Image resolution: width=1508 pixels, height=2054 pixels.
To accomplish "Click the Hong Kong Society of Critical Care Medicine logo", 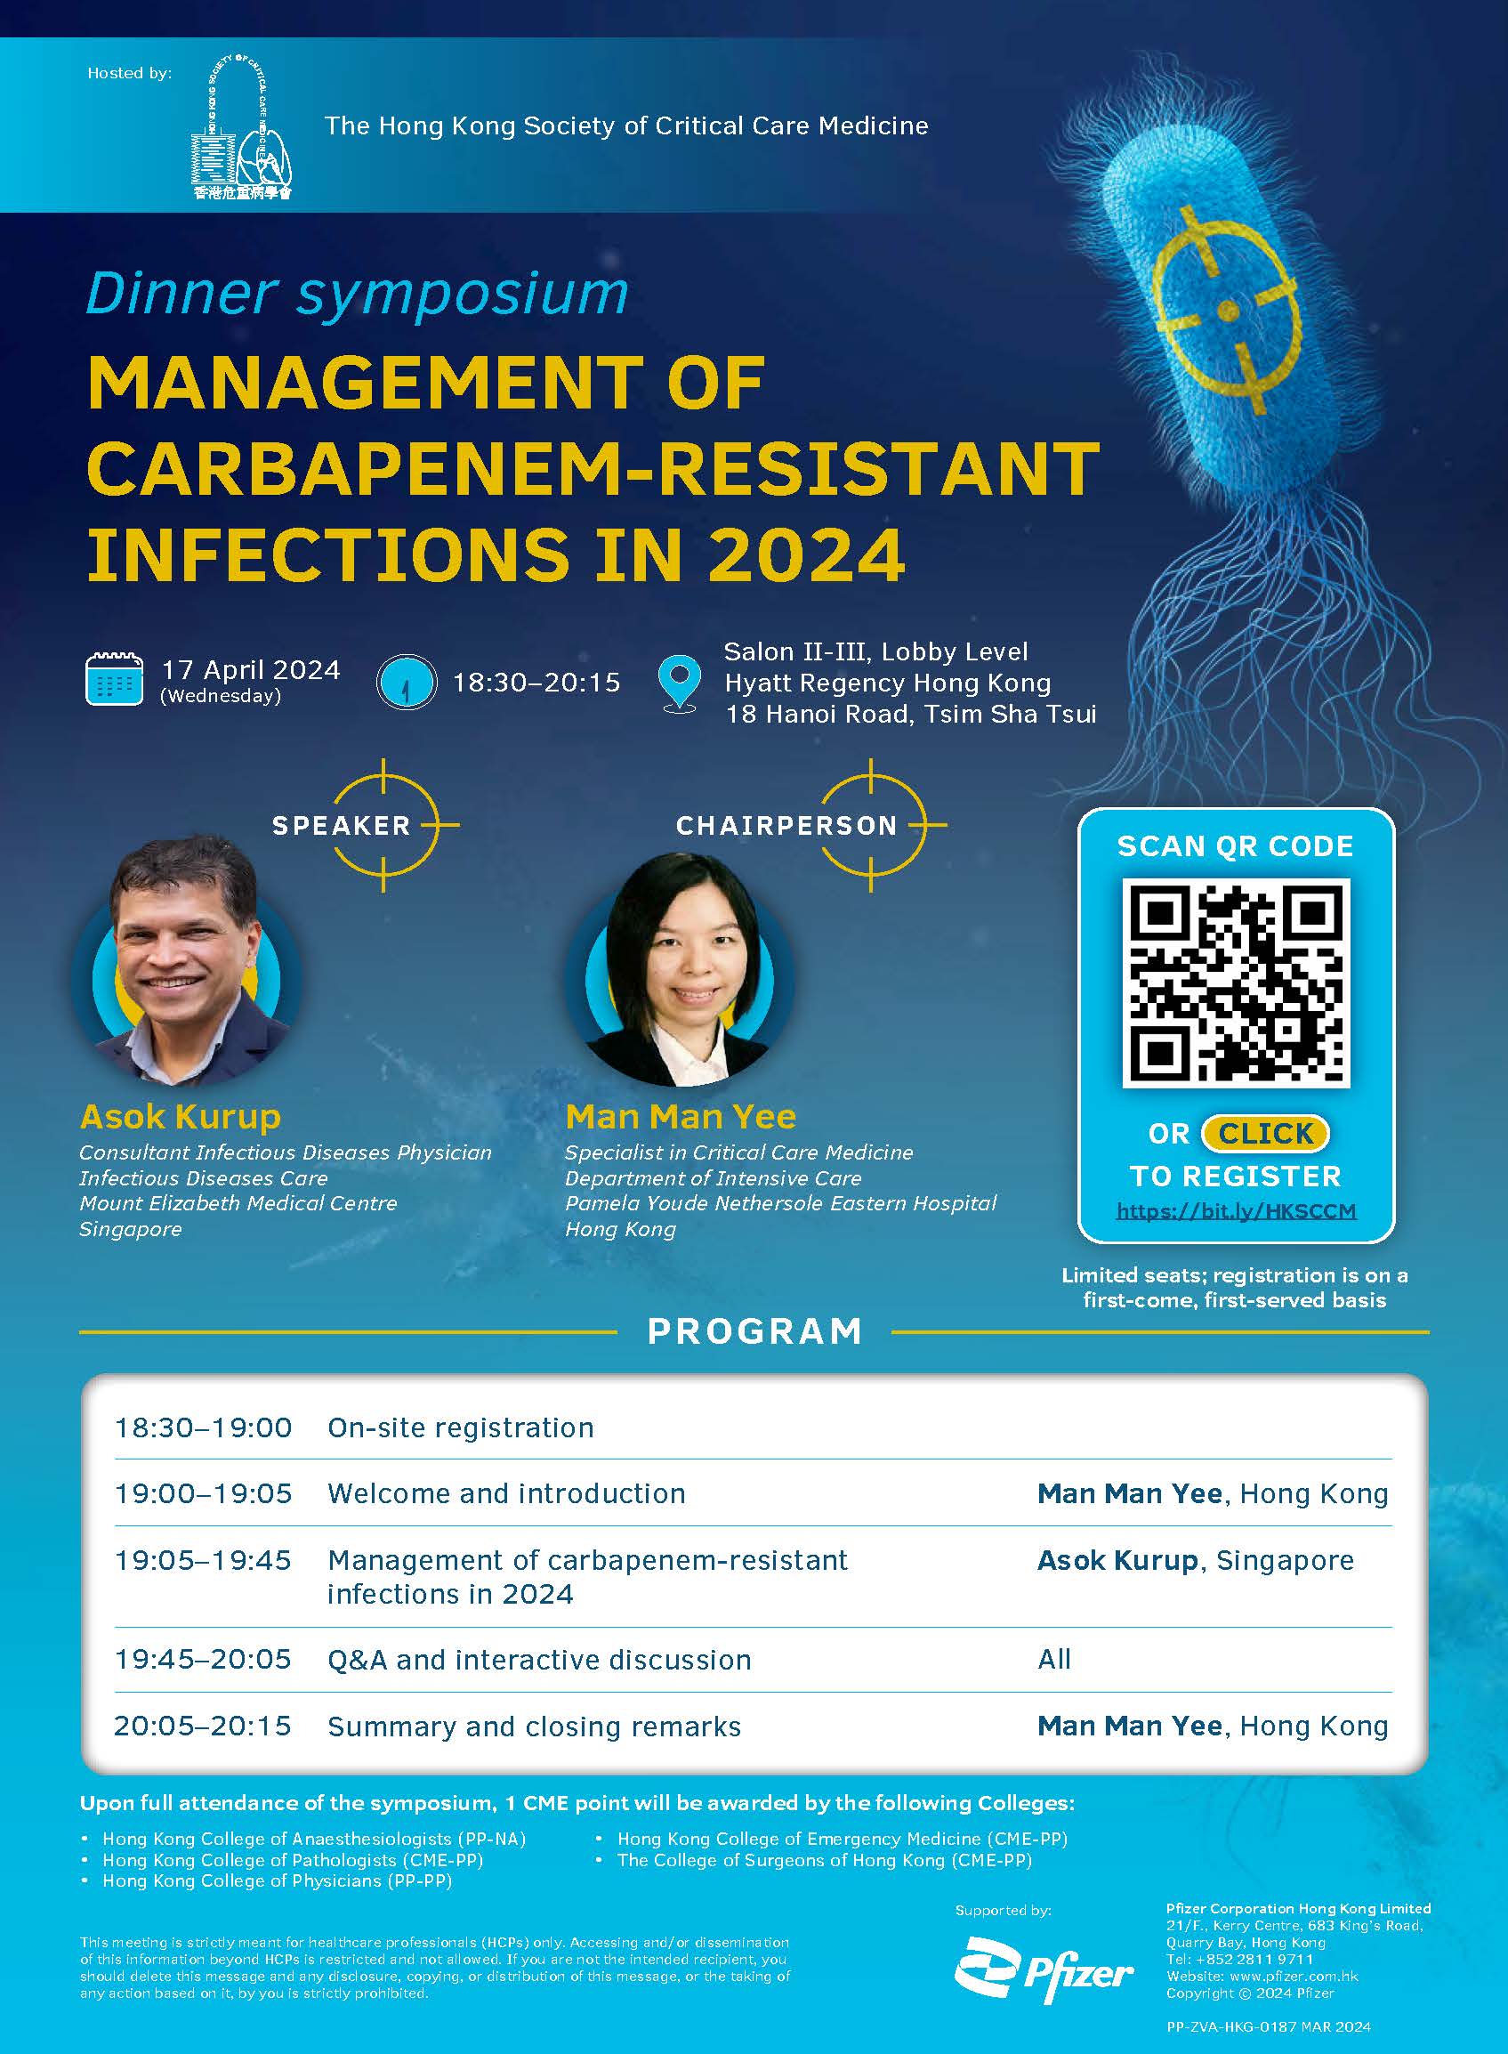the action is click(x=242, y=127).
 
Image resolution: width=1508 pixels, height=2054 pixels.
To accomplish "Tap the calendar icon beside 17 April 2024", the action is click(x=114, y=679).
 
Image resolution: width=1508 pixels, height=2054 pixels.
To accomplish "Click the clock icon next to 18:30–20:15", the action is click(x=407, y=682).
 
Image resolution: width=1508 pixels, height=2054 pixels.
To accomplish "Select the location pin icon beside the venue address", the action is click(x=679, y=683).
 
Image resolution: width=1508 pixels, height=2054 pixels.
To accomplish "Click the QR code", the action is click(x=1235, y=983).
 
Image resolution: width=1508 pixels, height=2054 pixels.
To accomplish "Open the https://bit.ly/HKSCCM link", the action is click(x=1236, y=1211).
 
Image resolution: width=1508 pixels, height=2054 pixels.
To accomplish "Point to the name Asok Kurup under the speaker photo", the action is click(x=181, y=1117).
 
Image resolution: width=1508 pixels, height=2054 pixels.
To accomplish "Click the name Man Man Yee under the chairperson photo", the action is click(x=681, y=1117).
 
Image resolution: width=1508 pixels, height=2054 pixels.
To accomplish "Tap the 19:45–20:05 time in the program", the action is click(x=203, y=1659).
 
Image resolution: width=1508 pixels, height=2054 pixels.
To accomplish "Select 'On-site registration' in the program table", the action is click(x=461, y=1427).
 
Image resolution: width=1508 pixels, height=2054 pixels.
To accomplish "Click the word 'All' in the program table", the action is click(x=1054, y=1659).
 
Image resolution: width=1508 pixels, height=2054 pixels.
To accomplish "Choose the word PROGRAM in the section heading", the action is click(x=755, y=1332).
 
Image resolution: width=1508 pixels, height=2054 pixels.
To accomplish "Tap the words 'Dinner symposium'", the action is click(x=357, y=293).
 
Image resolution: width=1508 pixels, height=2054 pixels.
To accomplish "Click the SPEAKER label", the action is click(x=342, y=826).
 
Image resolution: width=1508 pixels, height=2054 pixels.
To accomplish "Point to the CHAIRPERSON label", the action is click(x=786, y=826).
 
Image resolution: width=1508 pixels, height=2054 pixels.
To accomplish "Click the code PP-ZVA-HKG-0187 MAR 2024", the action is click(x=1269, y=2026).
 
